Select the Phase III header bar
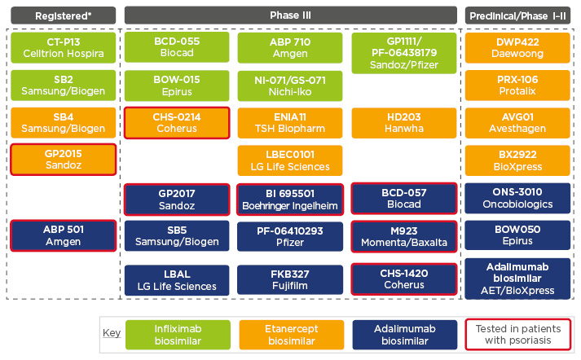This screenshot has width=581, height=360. tap(290, 15)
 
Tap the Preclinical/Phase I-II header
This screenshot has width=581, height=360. tap(518, 15)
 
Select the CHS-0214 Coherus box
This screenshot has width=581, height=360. tap(175, 122)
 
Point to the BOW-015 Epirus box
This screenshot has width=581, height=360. tap(175, 85)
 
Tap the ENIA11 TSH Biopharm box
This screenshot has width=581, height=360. tap(290, 122)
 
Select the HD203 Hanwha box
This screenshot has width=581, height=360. tap(404, 122)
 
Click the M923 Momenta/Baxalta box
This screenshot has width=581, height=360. tap(404, 236)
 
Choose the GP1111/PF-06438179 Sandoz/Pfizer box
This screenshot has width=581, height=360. tap(404, 53)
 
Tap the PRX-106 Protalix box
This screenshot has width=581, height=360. tap(518, 85)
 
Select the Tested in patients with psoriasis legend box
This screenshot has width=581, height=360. tap(518, 334)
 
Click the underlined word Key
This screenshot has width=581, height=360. tap(111, 334)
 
